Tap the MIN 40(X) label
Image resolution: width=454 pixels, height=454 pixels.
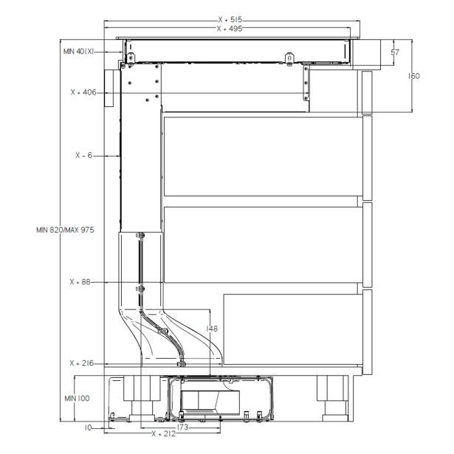78,51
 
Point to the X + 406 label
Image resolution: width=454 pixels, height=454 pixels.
84,93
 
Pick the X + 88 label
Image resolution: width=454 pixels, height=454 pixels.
81,282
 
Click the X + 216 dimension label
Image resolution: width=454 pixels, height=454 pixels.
83,363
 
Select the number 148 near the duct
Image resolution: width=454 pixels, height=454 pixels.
213,328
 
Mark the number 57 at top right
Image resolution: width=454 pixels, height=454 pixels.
395,52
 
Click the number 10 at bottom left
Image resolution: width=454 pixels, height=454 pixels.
88,427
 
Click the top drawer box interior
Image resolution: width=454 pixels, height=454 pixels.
262,156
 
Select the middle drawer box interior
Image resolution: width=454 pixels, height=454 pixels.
262,244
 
